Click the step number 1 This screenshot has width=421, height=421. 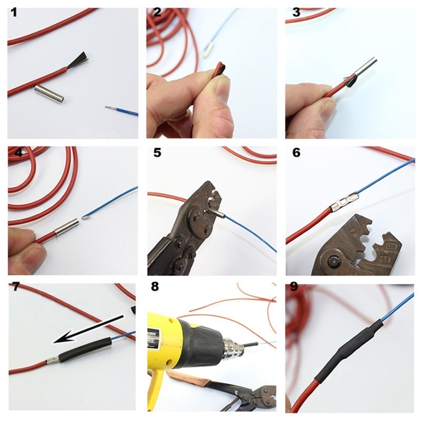click(14, 12)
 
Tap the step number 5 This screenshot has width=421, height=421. click(157, 152)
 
